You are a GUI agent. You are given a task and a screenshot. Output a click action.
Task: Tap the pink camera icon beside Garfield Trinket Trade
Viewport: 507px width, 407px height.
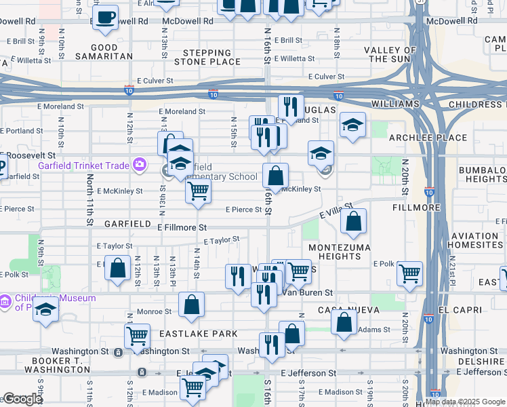(x=140, y=164)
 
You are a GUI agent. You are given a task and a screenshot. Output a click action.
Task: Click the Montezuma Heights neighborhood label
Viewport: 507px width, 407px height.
(x=334, y=252)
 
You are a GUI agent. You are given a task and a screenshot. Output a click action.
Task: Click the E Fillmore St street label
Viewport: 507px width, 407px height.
(x=182, y=228)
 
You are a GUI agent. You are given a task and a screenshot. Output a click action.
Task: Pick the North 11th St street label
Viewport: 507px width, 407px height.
(x=89, y=199)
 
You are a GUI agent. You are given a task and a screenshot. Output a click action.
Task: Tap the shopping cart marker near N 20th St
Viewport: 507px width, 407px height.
(x=409, y=273)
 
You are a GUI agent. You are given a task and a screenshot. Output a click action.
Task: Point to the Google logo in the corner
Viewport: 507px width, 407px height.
(x=22, y=399)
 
